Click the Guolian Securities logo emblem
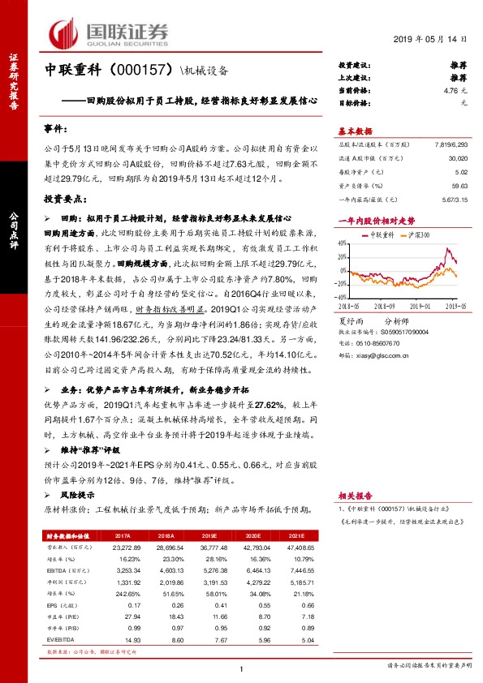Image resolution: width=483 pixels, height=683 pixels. [x=65, y=32]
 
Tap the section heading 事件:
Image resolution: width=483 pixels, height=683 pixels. [x=57, y=130]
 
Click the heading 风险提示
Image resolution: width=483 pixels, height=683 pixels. [x=81, y=494]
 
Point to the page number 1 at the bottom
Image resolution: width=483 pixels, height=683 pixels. [x=242, y=668]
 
